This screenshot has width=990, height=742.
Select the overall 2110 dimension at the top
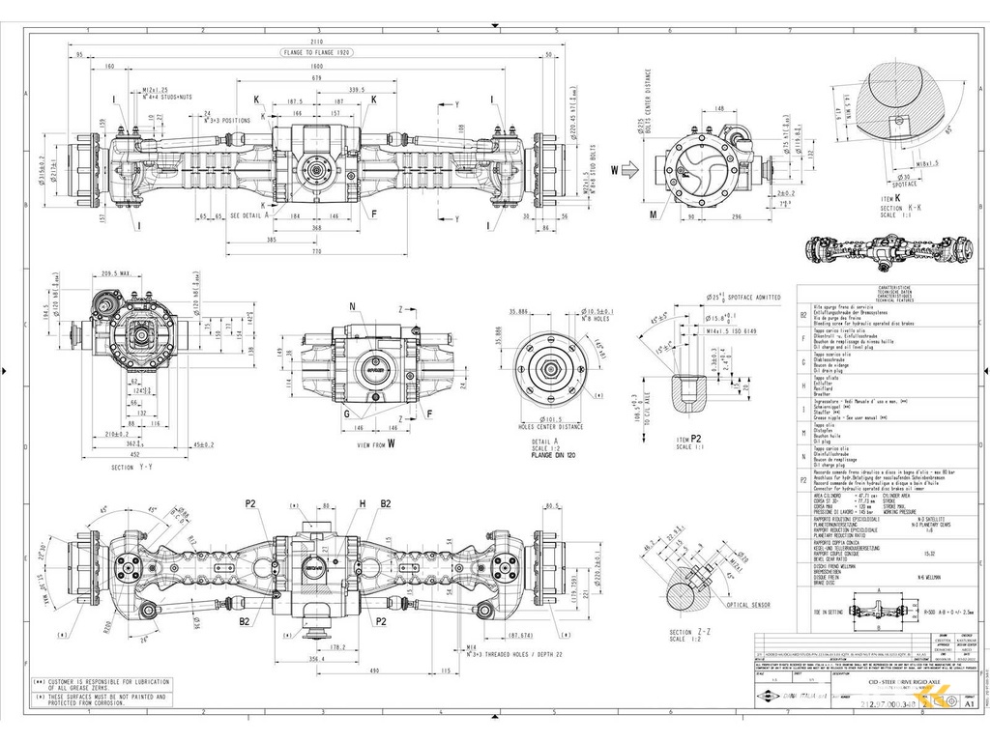317,41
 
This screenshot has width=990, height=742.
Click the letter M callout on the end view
655,214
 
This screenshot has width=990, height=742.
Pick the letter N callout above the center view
352,305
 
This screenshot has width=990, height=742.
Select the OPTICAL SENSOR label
747,605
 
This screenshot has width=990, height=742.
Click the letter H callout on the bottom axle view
362,502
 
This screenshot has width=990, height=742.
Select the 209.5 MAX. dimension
117,273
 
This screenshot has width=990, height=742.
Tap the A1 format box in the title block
970,704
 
